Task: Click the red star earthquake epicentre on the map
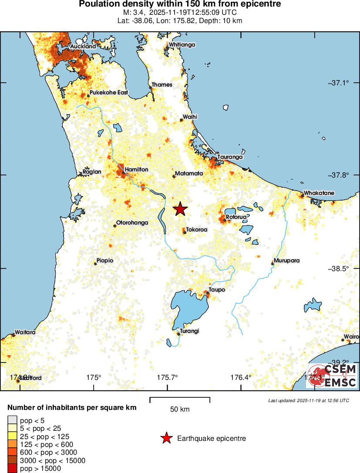click(180, 209)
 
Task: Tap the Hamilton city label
click(136, 169)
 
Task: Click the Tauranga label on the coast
click(230, 157)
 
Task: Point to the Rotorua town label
click(236, 217)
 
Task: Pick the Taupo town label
click(217, 289)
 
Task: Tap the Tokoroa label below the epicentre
click(197, 229)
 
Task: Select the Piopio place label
click(105, 260)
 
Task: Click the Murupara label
click(287, 260)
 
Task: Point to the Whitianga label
click(182, 44)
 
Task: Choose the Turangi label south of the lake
click(190, 331)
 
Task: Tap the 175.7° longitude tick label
click(168, 378)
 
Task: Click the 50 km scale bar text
click(180, 409)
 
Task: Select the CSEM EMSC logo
click(331, 376)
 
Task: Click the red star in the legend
click(166, 439)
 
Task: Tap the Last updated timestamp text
click(309, 400)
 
